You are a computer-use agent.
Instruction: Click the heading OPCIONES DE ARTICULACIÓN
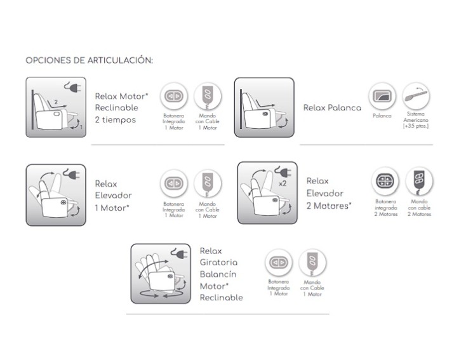click(89, 60)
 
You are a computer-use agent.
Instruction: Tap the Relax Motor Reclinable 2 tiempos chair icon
click(56, 107)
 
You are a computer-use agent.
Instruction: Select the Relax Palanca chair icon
click(264, 107)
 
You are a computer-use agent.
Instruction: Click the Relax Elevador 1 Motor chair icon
click(56, 194)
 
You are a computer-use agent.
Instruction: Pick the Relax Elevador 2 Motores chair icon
click(267, 192)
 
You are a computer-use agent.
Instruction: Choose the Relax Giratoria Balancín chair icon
click(161, 273)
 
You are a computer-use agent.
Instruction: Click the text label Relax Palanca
click(332, 108)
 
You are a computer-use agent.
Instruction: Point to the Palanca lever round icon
click(382, 97)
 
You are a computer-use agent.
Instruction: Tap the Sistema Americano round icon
click(416, 97)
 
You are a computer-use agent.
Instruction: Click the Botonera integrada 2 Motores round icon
click(385, 182)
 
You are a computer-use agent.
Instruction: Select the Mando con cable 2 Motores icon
click(420, 181)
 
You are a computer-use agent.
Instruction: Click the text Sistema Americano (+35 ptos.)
click(416, 121)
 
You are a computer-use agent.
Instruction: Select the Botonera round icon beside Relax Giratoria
click(278, 262)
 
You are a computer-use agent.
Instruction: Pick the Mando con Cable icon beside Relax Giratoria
click(312, 262)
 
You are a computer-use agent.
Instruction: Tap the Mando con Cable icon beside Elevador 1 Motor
click(208, 183)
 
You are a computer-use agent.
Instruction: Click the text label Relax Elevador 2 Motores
click(328, 193)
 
